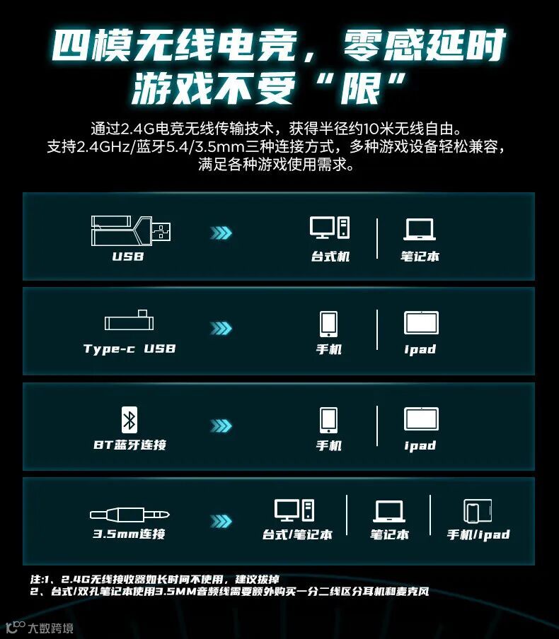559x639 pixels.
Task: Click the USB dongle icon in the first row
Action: point(131,230)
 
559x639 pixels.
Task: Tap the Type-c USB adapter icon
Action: point(129,320)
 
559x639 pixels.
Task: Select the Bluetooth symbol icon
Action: point(129,420)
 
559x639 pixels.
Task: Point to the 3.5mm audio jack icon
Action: point(129,515)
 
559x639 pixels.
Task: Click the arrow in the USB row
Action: point(221,233)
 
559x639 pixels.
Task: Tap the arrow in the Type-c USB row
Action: point(221,328)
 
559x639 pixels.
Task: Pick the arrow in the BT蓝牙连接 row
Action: point(221,426)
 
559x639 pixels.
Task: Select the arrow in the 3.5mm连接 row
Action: point(221,521)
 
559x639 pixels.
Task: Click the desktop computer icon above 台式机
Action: point(330,228)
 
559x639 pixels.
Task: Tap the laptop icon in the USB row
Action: point(420,229)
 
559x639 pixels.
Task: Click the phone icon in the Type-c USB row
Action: point(328,324)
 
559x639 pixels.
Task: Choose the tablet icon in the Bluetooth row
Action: point(421,419)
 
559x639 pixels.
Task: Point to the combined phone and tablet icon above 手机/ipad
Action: point(478,511)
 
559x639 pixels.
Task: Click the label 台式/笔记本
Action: point(297,534)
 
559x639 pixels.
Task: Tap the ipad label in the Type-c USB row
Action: point(420,349)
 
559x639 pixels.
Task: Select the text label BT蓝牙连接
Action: point(129,445)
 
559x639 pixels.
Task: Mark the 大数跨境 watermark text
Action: point(51,628)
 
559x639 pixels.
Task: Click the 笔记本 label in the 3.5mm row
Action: point(389,534)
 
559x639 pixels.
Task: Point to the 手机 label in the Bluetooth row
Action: point(329,445)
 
